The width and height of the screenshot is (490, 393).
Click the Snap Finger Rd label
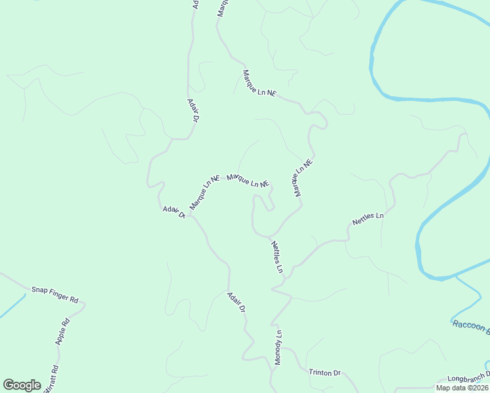54,294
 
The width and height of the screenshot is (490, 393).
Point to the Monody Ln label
278,347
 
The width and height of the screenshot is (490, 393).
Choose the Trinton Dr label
325,373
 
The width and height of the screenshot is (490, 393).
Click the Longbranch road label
468,379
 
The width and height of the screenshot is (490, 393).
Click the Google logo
22,385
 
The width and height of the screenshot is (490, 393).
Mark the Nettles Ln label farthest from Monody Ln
367,219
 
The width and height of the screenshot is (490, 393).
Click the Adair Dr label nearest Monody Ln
236,302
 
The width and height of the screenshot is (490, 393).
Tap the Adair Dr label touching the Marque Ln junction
174,213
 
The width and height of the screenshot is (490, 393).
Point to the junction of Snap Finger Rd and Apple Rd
84,305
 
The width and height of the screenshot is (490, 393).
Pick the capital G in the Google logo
9,384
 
